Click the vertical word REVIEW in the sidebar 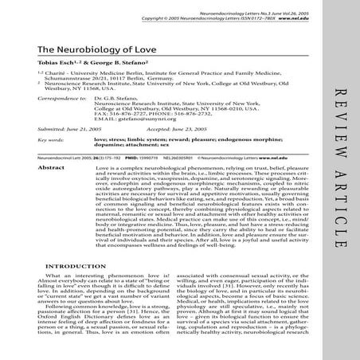pyautogui.click(x=339, y=144)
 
